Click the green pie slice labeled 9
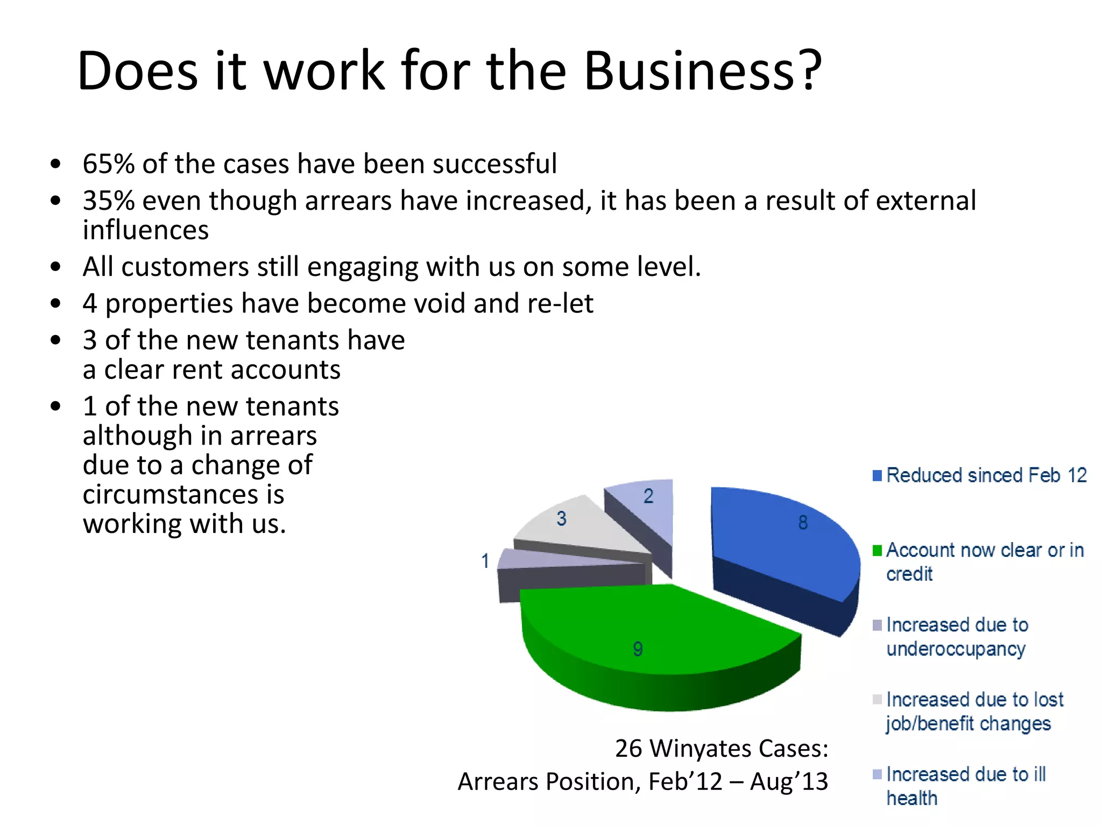pyautogui.click(x=646, y=629)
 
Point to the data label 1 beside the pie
pyautogui.click(x=485, y=561)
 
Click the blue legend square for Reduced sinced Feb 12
pyautogui.click(x=877, y=476)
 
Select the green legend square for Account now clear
pyautogui.click(x=877, y=551)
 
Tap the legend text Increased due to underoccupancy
pyautogui.click(x=957, y=637)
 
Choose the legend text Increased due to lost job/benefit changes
pyautogui.click(x=974, y=711)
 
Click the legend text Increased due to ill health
pyautogui.click(x=966, y=786)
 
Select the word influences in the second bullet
pyautogui.click(x=145, y=230)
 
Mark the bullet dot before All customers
pyautogui.click(x=55, y=267)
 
